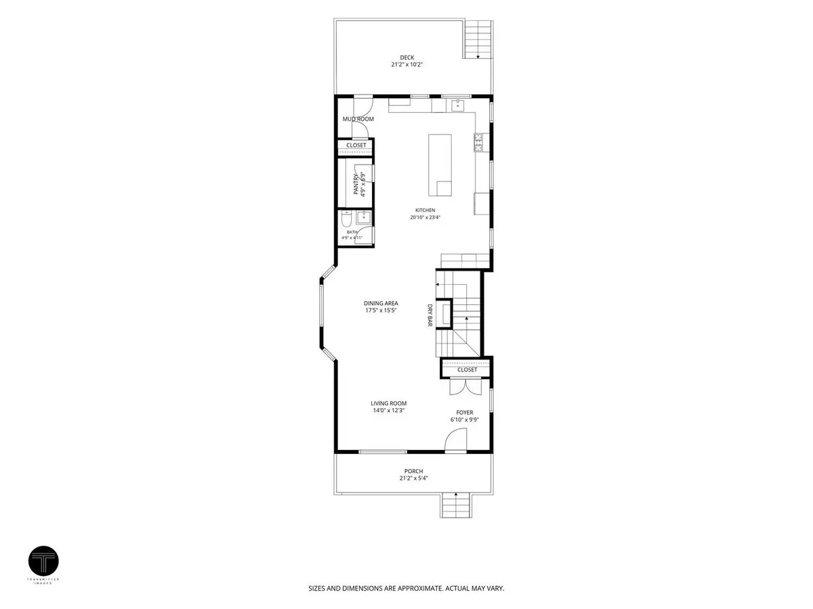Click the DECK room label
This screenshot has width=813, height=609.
pyautogui.click(x=406, y=58)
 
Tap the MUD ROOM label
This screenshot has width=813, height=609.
pyautogui.click(x=358, y=118)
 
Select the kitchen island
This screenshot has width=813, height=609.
pyautogui.click(x=440, y=165)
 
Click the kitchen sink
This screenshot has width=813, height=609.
pyautogui.click(x=458, y=105)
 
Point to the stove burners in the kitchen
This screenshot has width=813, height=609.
pyautogui.click(x=478, y=142)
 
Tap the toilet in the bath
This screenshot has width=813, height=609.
pyautogui.click(x=347, y=219)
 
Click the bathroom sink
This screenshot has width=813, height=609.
pyautogui.click(x=364, y=217)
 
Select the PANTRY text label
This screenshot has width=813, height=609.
pyautogui.click(x=356, y=184)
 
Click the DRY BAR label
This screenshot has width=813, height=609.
pyautogui.click(x=430, y=315)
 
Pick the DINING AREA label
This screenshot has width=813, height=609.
pyautogui.click(x=381, y=303)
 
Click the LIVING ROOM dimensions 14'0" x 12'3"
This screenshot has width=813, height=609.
pyautogui.click(x=388, y=410)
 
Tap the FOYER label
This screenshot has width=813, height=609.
pyautogui.click(x=465, y=412)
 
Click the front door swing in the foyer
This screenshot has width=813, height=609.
pyautogui.click(x=455, y=440)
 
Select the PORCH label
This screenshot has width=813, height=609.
pyautogui.click(x=413, y=471)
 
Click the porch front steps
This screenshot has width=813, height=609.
pyautogui.click(x=456, y=505)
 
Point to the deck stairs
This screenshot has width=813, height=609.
pyautogui.click(x=478, y=39)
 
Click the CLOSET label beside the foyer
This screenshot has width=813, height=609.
pyautogui.click(x=467, y=369)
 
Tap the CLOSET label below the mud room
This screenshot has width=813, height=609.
pyautogui.click(x=356, y=145)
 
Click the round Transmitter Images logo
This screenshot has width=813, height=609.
pyautogui.click(x=44, y=560)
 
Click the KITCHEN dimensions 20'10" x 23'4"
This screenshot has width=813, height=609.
pyautogui.click(x=425, y=217)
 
